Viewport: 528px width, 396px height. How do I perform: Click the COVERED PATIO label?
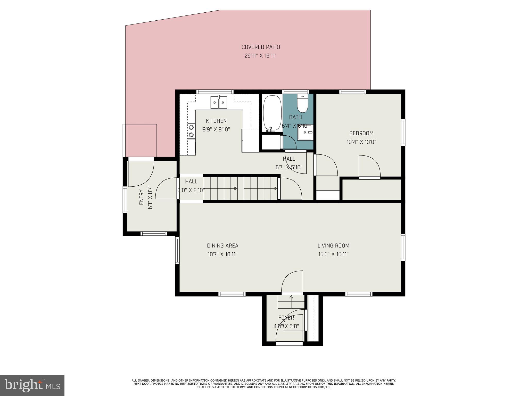point(260,47)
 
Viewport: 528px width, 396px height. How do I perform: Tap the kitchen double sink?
point(219,102)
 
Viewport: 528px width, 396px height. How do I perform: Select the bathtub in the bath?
point(272,113)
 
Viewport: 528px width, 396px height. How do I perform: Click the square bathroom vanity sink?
point(306,132)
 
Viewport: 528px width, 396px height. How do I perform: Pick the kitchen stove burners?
point(191,131)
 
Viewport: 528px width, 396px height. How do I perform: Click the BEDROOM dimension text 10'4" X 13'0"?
point(361,142)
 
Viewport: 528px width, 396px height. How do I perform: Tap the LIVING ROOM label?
point(333,246)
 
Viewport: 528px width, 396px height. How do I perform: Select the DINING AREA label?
point(222,246)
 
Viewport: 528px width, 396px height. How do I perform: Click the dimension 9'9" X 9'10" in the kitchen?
point(216,129)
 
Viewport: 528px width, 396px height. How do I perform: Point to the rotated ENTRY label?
point(141,197)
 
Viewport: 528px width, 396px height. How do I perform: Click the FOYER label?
point(286,318)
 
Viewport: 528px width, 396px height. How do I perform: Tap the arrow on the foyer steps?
point(291,297)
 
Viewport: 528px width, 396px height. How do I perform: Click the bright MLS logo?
point(32,385)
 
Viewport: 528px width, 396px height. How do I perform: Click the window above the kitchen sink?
point(215,92)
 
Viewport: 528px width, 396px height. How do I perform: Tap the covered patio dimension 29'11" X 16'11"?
point(260,56)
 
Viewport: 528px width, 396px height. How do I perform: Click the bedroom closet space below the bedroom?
point(372,190)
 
